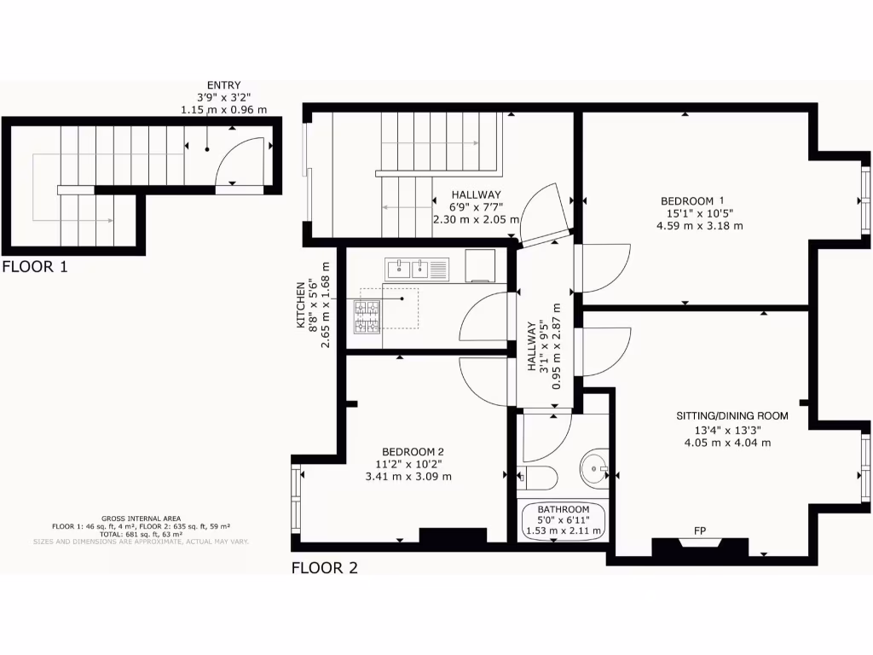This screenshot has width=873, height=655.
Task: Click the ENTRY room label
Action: [223, 85]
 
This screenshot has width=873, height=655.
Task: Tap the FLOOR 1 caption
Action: [35, 266]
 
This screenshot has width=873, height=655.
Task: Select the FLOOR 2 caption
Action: [325, 568]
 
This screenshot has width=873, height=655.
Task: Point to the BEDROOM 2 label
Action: [413, 451]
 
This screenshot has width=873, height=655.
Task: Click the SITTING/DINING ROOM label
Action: [731, 416]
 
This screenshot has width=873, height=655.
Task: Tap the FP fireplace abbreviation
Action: [700, 532]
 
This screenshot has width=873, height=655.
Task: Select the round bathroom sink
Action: [594, 468]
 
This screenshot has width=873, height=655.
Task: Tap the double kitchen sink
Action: [408, 270]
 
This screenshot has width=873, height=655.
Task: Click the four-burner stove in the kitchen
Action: [368, 316]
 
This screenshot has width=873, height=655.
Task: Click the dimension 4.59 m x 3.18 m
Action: [699, 226]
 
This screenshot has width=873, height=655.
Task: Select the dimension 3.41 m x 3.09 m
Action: [408, 477]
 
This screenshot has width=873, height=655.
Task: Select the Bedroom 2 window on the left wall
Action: [296, 498]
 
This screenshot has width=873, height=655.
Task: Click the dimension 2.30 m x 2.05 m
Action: [476, 219]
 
